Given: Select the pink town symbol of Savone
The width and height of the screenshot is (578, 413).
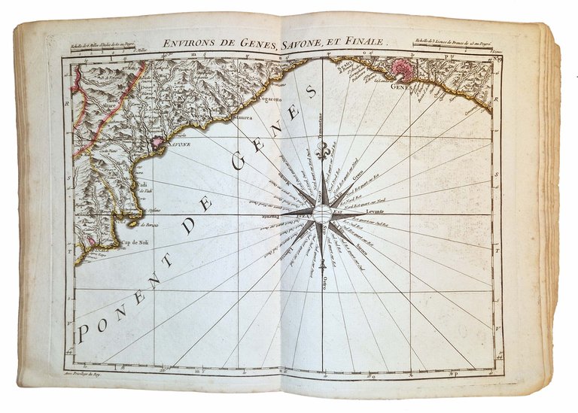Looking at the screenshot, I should (x=157, y=141).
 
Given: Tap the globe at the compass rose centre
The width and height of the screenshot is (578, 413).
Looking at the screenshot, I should (x=323, y=215).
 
